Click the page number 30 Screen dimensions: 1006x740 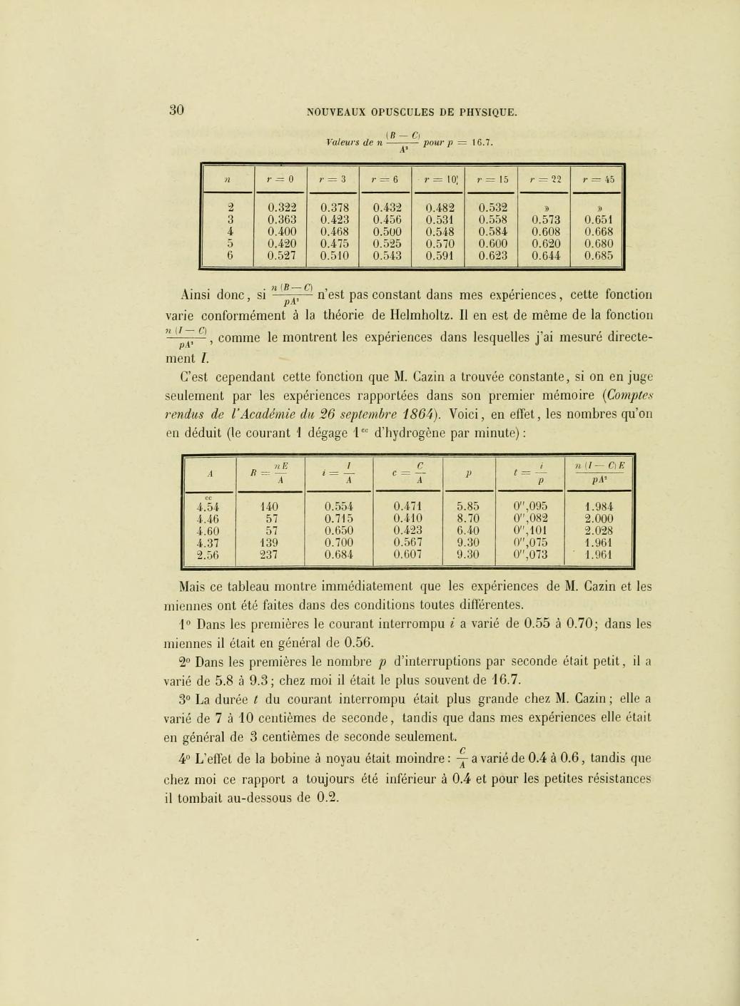tap(176, 109)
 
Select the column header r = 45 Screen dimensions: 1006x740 tap(597, 179)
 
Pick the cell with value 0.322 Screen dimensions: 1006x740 tap(281, 207)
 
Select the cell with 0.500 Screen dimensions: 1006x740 tap(387, 231)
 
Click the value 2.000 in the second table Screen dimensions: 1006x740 tap(598, 518)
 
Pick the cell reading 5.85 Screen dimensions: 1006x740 tap(467, 507)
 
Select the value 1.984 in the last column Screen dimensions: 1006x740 tap(598, 507)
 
